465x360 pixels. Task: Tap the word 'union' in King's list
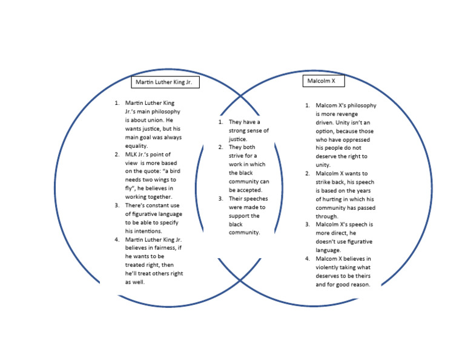point(155,120)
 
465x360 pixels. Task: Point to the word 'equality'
point(137,145)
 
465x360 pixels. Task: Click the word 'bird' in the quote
point(173,171)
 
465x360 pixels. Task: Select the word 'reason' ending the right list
point(358,284)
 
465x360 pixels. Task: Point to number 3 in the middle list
point(221,198)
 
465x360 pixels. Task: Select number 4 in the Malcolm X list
point(308,259)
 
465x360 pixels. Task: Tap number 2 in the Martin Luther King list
point(117,154)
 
